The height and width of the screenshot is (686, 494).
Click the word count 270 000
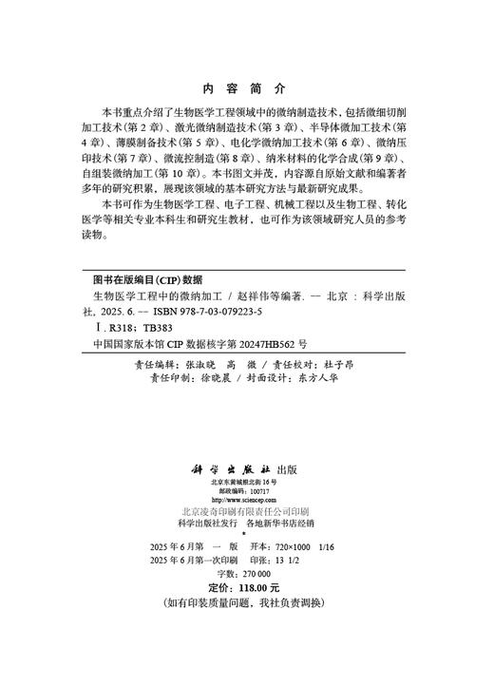point(256,574)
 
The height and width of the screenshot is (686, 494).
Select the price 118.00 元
point(254,588)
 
